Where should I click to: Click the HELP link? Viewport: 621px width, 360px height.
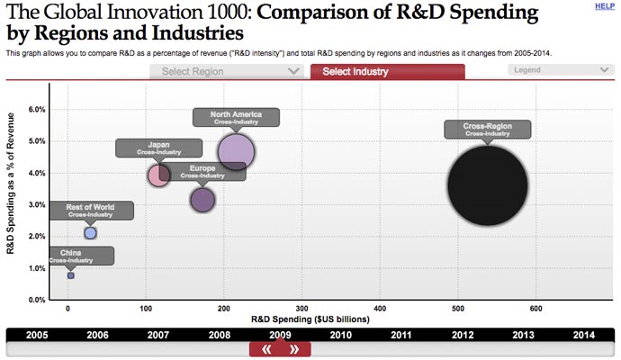pyautogui.click(x=605, y=6)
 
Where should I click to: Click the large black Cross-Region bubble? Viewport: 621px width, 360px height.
pyautogui.click(x=487, y=186)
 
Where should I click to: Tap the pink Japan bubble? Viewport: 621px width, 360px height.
pyautogui.click(x=159, y=175)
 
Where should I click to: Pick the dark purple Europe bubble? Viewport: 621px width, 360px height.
pyautogui.click(x=202, y=200)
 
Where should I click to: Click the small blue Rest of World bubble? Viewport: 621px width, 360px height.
pyautogui.click(x=90, y=233)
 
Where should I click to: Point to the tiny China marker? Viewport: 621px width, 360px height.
pyautogui.click(x=71, y=275)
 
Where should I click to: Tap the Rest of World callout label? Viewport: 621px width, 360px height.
pyautogui.click(x=90, y=211)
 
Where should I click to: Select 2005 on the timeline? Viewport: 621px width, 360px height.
pyautogui.click(x=37, y=335)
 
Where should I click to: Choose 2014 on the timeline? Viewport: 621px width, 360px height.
pyautogui.click(x=582, y=335)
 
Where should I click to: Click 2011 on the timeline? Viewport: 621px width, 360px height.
pyautogui.click(x=400, y=335)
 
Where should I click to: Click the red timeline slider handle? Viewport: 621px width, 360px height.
pyautogui.click(x=280, y=349)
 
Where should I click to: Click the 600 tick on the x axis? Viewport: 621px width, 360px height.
pyautogui.click(x=535, y=309)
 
